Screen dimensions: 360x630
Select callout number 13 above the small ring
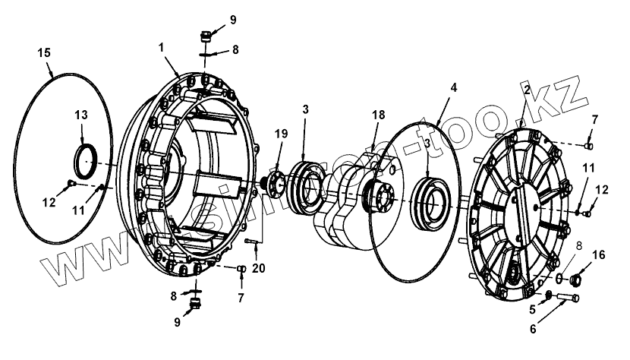[x=80, y=115]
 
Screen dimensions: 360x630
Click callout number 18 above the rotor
[x=378, y=115]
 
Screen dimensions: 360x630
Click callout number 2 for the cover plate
[x=525, y=90]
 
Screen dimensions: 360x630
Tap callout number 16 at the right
[x=600, y=256]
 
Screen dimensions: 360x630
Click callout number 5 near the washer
[x=532, y=309]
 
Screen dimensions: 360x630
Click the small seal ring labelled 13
[x=85, y=159]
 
